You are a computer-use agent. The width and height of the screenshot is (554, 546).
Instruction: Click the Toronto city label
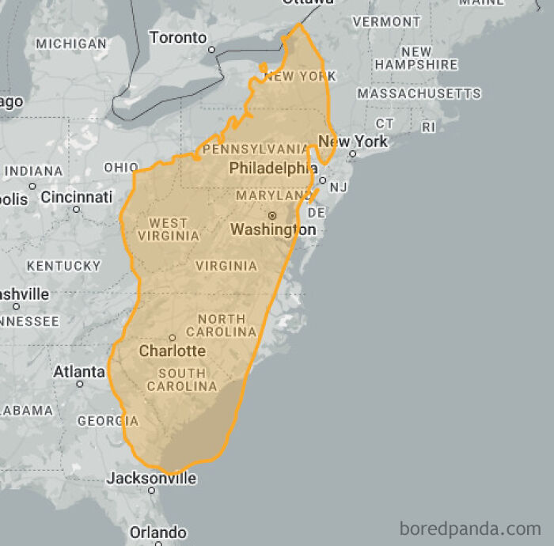click(x=178, y=37)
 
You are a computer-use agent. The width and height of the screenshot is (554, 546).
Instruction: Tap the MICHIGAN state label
click(x=71, y=44)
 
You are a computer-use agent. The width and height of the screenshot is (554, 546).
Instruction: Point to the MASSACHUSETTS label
click(x=419, y=93)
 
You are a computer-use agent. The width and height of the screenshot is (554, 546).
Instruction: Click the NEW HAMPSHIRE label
click(x=416, y=58)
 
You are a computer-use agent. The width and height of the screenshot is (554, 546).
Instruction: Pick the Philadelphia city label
click(x=268, y=168)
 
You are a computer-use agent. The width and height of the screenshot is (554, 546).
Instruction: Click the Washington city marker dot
click(x=272, y=215)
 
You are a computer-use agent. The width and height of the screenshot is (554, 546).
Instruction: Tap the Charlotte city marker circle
click(x=173, y=338)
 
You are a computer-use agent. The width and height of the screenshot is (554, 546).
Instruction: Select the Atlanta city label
click(x=78, y=371)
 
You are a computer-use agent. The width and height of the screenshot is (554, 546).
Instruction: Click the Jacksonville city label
click(x=151, y=478)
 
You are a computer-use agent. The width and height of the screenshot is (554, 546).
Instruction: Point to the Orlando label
click(x=157, y=532)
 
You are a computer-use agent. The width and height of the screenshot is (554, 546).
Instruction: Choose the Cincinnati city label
click(x=77, y=197)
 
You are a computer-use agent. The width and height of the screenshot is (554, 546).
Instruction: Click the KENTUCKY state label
click(x=63, y=266)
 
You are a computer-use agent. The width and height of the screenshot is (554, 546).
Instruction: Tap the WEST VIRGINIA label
click(x=169, y=229)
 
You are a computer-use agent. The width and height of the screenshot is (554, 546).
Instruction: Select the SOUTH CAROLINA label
click(x=182, y=380)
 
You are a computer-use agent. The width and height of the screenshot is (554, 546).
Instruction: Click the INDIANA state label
click(x=33, y=171)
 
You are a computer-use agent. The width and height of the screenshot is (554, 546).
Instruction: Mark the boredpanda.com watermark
click(x=470, y=527)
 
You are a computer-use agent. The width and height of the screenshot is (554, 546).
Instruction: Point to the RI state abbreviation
click(x=429, y=127)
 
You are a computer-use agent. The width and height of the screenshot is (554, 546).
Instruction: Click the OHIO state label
click(x=121, y=168)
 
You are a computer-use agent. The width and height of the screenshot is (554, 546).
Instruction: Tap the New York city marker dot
click(x=353, y=154)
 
